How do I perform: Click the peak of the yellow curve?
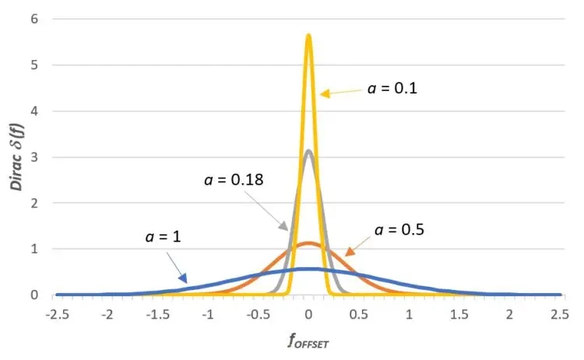pyautogui.click(x=308, y=36)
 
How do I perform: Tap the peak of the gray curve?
pyautogui.click(x=308, y=151)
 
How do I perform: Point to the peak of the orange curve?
pyautogui.click(x=308, y=243)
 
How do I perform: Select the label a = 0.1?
pyautogui.click(x=392, y=88)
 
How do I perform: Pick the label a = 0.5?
pyautogui.click(x=401, y=230)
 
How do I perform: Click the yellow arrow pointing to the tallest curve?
pyautogui.click(x=339, y=92)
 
